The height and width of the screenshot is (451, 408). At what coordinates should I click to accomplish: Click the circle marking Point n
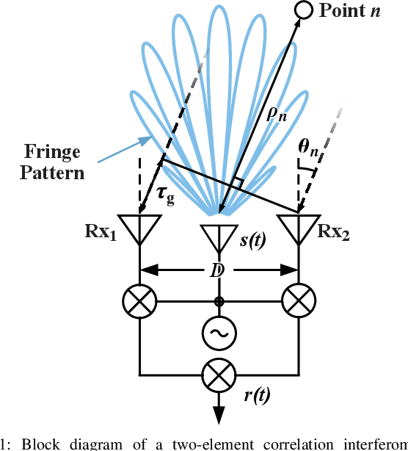pyautogui.click(x=303, y=10)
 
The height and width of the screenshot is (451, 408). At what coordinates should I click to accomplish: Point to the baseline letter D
pyautogui.click(x=218, y=270)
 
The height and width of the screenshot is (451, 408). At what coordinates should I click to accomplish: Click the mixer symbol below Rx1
pyautogui.click(x=139, y=301)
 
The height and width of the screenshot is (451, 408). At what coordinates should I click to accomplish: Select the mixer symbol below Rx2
pyautogui.click(x=298, y=301)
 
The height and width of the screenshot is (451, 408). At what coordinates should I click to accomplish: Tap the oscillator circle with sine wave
pyautogui.click(x=219, y=334)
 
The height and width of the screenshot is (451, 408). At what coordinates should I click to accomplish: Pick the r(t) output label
pyautogui.click(x=256, y=394)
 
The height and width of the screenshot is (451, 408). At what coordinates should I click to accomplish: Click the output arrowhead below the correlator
pyautogui.click(x=219, y=416)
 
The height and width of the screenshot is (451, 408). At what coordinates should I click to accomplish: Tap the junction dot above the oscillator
pyautogui.click(x=219, y=301)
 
